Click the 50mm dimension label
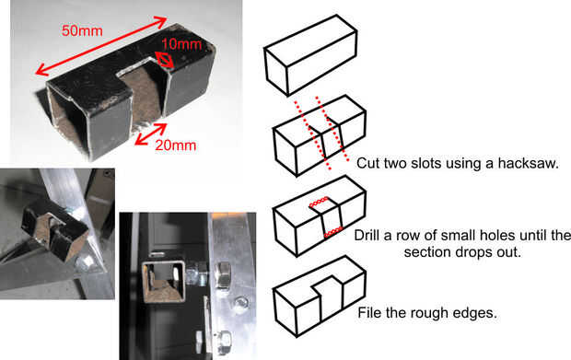click(82, 30)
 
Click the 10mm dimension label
click(181, 44)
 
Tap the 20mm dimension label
click(176, 145)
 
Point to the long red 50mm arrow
click(101, 45)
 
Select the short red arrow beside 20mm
click(151, 134)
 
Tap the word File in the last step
click(369, 313)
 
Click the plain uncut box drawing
click(310, 55)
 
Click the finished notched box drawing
click(319, 296)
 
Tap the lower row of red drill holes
click(333, 232)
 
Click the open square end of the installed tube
click(164, 282)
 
